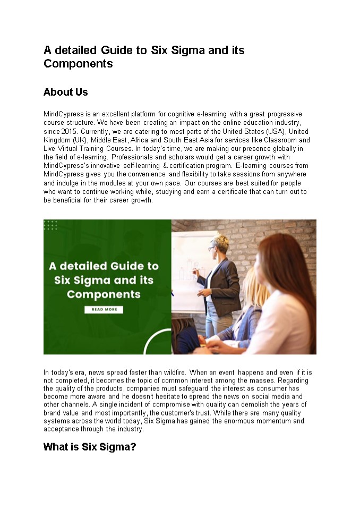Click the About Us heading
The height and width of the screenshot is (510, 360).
[65, 92]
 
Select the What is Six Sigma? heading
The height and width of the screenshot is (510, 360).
[89, 447]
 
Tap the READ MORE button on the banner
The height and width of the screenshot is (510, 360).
[104, 310]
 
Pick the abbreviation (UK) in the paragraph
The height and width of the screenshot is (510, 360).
[80, 140]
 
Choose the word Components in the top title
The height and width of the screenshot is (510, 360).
[78, 64]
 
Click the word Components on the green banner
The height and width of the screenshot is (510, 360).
[104, 294]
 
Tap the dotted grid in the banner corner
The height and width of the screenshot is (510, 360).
[50, 226]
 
